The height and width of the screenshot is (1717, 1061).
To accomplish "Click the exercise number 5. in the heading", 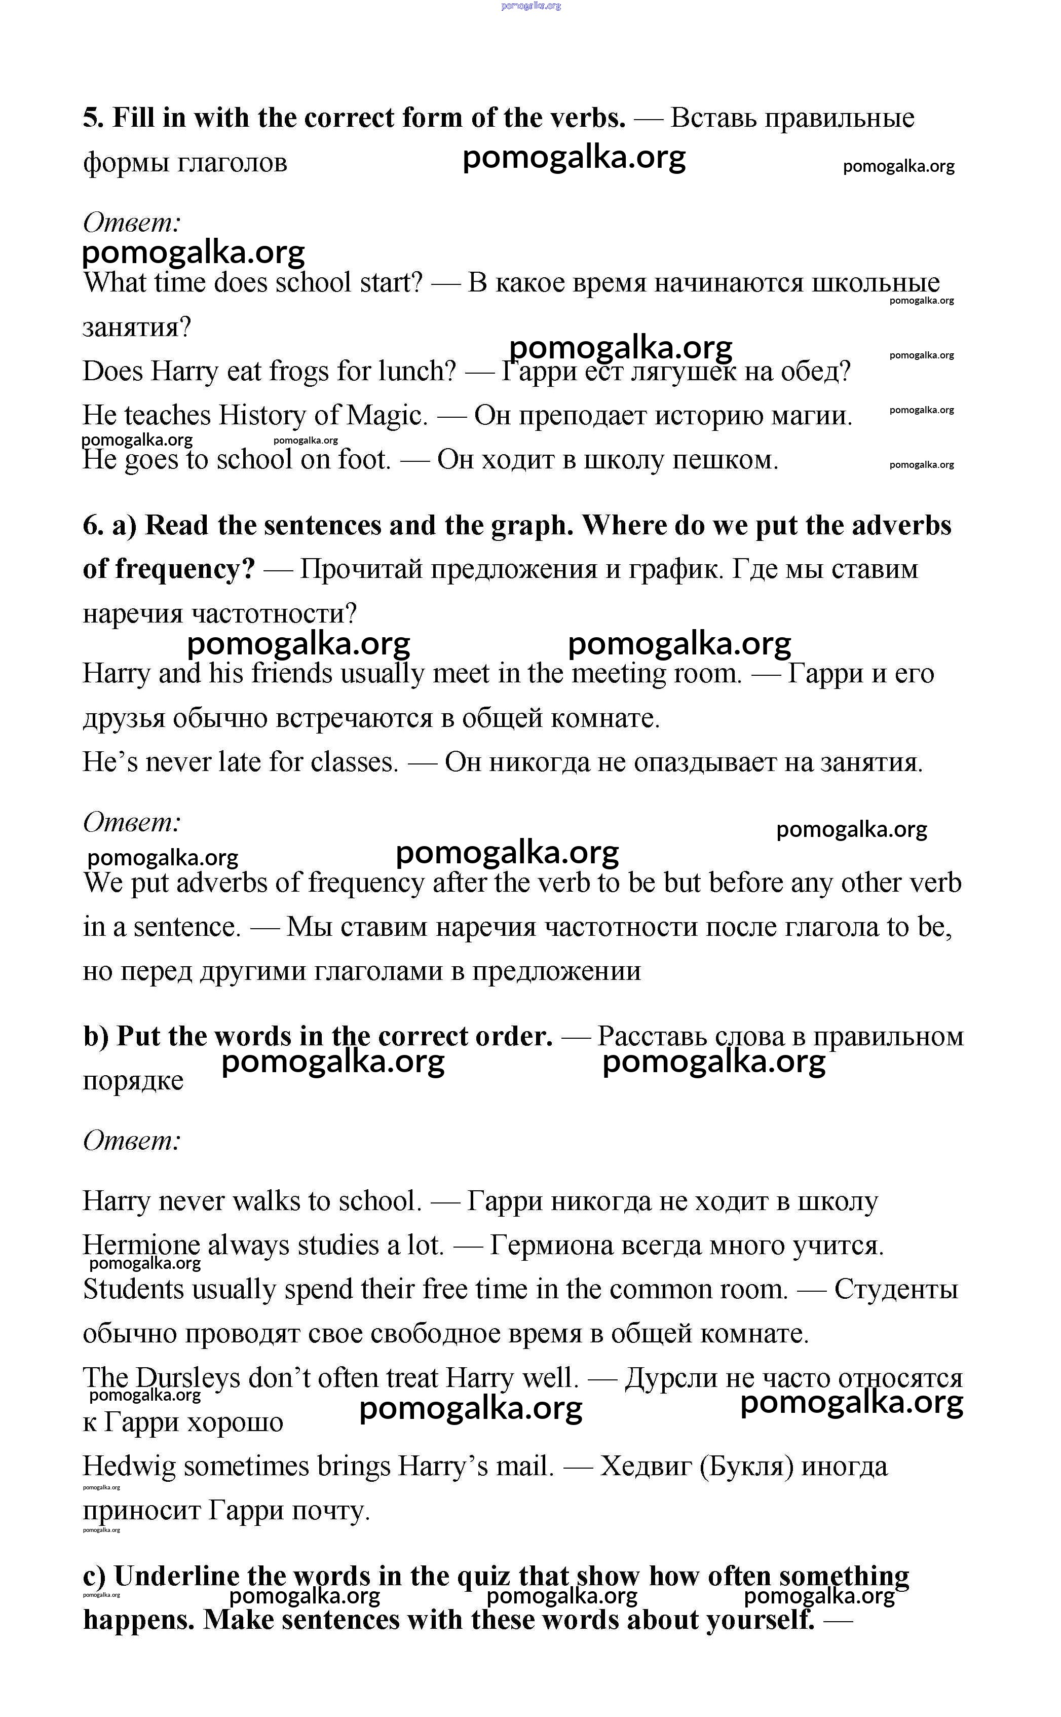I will coord(93,118).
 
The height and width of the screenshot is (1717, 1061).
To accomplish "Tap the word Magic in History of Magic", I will coord(387,416).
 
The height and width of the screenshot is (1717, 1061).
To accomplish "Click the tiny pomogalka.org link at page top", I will coord(531,6).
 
